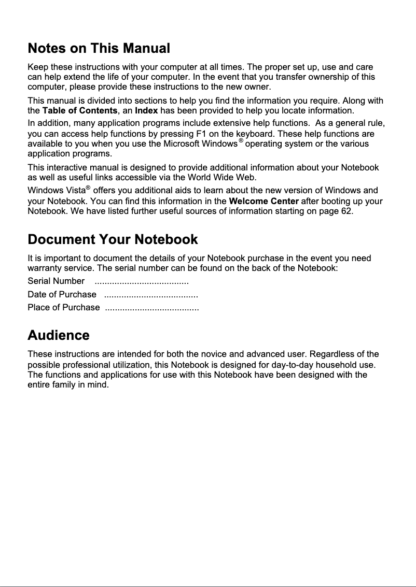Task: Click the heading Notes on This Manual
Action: [x=99, y=49]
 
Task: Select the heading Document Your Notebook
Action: [x=113, y=239]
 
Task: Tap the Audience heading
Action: [x=58, y=335]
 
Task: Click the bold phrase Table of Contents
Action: [x=79, y=111]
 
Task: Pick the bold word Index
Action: [x=146, y=111]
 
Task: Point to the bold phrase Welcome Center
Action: [x=264, y=201]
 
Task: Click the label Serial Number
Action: [x=56, y=281]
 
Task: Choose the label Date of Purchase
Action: [x=62, y=295]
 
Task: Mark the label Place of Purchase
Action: [x=63, y=308]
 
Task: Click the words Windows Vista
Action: [x=57, y=191]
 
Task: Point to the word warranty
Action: [x=44, y=268]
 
